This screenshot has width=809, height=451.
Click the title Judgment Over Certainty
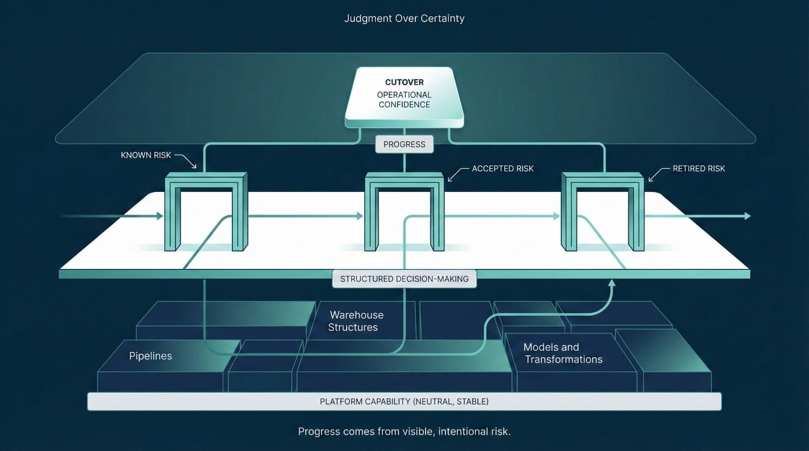(404, 18)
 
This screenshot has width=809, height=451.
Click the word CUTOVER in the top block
(404, 82)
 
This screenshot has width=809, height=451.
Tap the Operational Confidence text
(404, 100)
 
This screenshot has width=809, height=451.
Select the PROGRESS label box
(404, 144)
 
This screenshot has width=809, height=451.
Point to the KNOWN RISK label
(146, 155)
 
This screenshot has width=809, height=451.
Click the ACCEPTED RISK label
(503, 169)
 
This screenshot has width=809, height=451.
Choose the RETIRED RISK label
(698, 169)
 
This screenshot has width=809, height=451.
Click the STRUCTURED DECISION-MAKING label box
(404, 279)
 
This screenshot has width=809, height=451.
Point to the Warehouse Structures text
(355, 321)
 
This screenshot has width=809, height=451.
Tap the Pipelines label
(150, 356)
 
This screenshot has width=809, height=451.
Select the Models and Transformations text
(563, 353)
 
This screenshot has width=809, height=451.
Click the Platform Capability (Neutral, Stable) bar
(404, 401)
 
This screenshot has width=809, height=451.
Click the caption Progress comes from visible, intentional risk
(404, 432)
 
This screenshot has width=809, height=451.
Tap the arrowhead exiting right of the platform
(747, 216)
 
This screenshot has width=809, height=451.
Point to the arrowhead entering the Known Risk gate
(160, 216)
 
